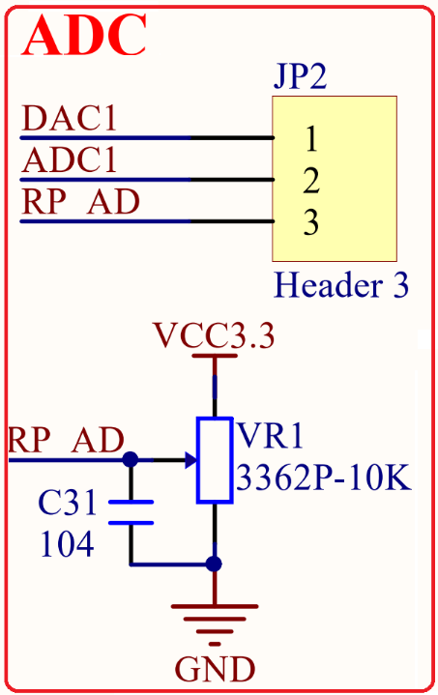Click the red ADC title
[84, 35]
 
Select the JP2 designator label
[300, 76]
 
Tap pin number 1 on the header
[311, 139]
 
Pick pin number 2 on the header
[311, 181]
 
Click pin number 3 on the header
[311, 221]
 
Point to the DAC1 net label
[70, 118]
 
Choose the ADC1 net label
[70, 159]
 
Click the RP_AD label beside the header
[80, 202]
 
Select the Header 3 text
[341, 284]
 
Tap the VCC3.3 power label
[214, 335]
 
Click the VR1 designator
[271, 436]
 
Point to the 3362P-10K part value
[324, 478]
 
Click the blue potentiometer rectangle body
[215, 460]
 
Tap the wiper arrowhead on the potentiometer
[191, 460]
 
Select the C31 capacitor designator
[68, 503]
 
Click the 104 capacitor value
[67, 544]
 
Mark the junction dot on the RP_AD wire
[131, 460]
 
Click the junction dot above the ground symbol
[214, 565]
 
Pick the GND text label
[215, 669]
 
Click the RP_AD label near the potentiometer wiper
[66, 440]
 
